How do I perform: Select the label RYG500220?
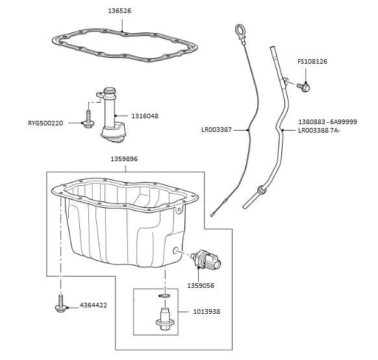tap(45, 123)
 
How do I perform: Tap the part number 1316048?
tap(145, 116)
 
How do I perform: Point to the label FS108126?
tap(312, 62)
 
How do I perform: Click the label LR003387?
tap(217, 130)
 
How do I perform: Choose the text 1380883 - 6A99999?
tap(327, 122)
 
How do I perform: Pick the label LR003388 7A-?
tap(319, 130)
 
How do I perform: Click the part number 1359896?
tap(123, 159)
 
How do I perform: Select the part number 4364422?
tap(95, 305)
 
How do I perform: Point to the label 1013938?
tap(207, 312)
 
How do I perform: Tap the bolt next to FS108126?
tap(304, 86)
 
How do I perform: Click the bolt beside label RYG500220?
tap(87, 122)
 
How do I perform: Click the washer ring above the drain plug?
tap(165, 296)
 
